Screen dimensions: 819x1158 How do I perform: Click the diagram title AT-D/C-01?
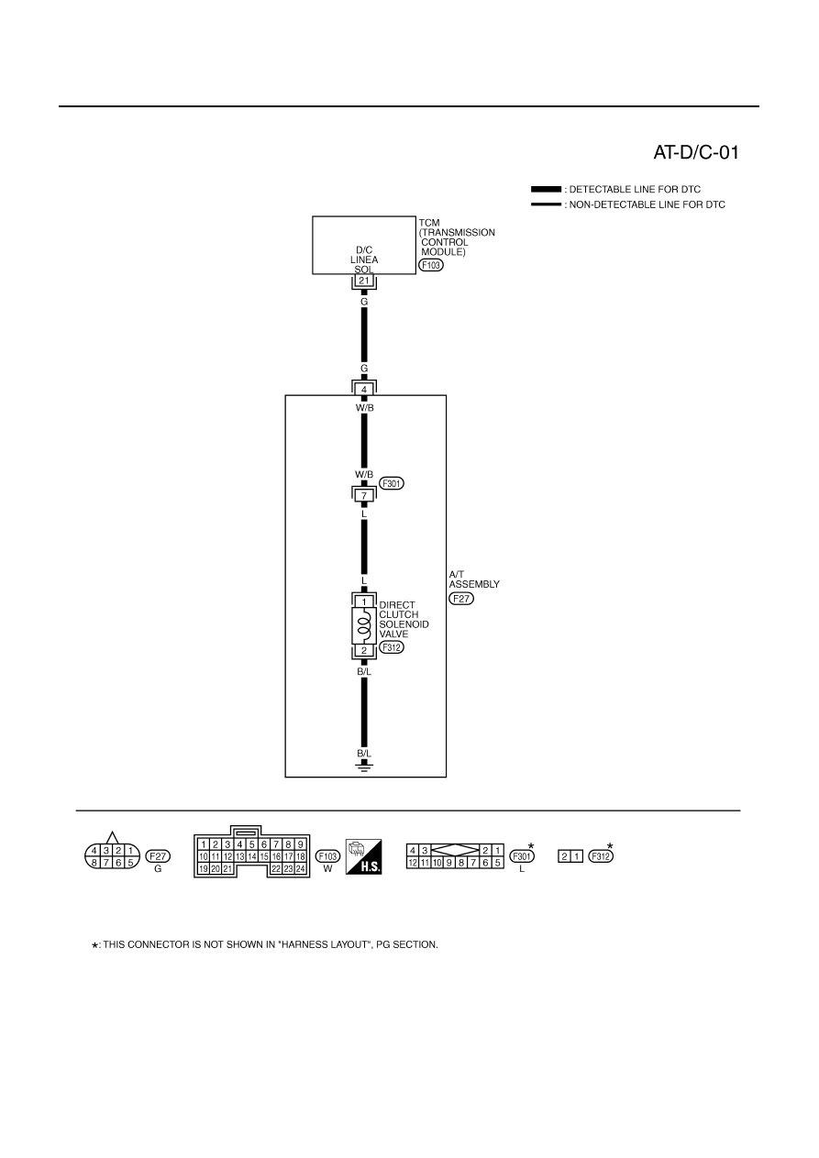click(x=696, y=152)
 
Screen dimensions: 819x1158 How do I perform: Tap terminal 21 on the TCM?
click(x=364, y=281)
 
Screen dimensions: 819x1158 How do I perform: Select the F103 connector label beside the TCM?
click(x=431, y=265)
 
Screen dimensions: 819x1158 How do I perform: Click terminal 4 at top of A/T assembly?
click(x=364, y=390)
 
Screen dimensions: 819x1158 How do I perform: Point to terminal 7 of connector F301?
click(x=364, y=496)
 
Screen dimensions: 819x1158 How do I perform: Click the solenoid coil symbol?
click(x=364, y=625)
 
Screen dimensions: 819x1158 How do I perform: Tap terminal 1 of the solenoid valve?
click(x=364, y=601)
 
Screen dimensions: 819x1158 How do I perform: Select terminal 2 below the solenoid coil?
click(x=364, y=650)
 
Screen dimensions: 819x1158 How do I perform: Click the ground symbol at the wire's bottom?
click(x=364, y=766)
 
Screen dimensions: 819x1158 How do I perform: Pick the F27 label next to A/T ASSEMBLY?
click(x=461, y=599)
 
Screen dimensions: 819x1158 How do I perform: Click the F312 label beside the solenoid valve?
click(x=392, y=647)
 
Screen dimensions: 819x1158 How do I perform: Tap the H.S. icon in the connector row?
click(x=363, y=856)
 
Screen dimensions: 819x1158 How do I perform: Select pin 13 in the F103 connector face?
click(x=240, y=856)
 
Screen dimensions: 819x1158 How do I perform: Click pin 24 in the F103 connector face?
click(x=301, y=869)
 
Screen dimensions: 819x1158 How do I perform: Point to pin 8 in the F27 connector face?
click(x=94, y=862)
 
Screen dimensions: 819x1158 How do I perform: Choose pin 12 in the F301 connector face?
click(x=413, y=862)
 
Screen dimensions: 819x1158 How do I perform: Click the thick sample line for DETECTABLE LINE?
click(x=546, y=189)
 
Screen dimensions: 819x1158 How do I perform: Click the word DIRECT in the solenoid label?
click(x=397, y=605)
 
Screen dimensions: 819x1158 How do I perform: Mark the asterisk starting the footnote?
click(x=94, y=945)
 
